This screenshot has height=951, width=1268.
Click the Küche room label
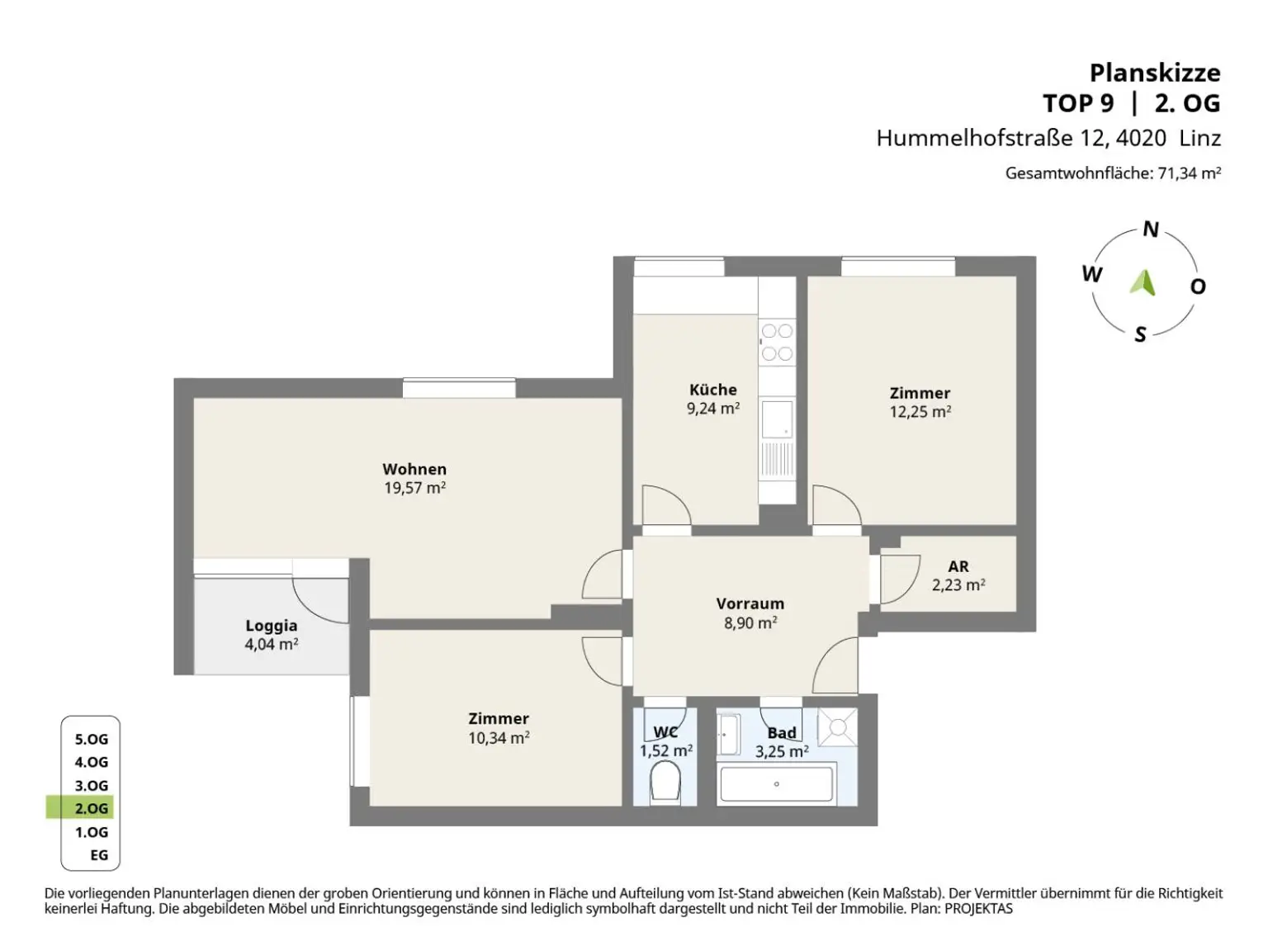point(712,389)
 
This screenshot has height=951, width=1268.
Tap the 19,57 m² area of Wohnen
point(414,488)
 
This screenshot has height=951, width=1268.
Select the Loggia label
point(271,626)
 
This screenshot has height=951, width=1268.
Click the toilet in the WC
point(665,783)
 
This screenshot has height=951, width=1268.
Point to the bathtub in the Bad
point(777,783)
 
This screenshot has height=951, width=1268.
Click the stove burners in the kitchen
point(777,343)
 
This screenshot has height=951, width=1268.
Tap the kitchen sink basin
point(777,420)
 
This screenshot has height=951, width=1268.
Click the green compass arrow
point(1143,283)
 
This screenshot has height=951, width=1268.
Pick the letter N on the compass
point(1151,229)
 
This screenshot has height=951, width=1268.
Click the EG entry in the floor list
point(99,855)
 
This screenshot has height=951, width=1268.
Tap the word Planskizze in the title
point(1155,73)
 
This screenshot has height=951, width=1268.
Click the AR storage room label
point(958,566)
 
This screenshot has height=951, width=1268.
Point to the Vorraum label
point(750,603)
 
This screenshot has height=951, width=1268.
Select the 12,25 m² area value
point(920,412)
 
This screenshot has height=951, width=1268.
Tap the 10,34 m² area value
point(499,737)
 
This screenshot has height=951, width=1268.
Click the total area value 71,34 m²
point(1190,173)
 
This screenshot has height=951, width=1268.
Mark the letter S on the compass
point(1140,334)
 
